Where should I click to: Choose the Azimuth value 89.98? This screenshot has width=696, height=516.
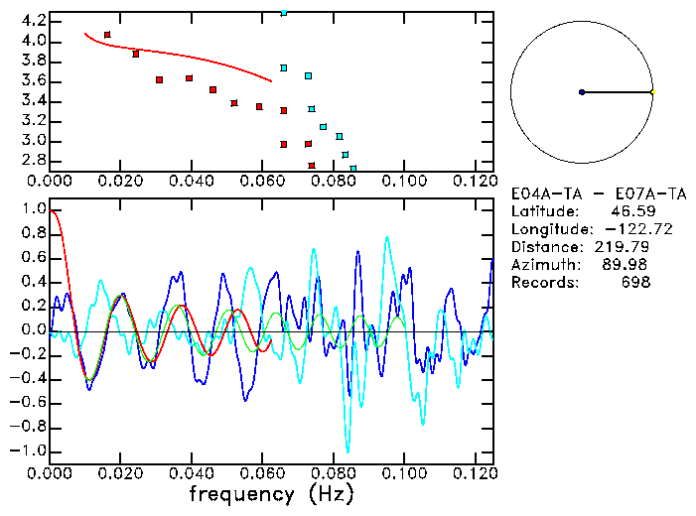click(629, 265)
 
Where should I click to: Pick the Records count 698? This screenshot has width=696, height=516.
click(634, 283)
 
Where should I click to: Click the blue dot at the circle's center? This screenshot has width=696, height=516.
click(582, 92)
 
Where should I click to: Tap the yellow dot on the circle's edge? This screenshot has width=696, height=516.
click(652, 92)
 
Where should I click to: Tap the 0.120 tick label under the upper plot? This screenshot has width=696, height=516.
click(475, 182)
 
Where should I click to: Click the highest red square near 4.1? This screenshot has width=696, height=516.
click(107, 35)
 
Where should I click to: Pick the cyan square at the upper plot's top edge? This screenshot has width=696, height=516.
click(284, 13)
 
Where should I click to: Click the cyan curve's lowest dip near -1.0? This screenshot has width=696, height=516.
click(347, 451)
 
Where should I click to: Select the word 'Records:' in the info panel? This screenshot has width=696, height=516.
click(543, 283)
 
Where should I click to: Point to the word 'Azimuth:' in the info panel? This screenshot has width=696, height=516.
click(543, 265)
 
